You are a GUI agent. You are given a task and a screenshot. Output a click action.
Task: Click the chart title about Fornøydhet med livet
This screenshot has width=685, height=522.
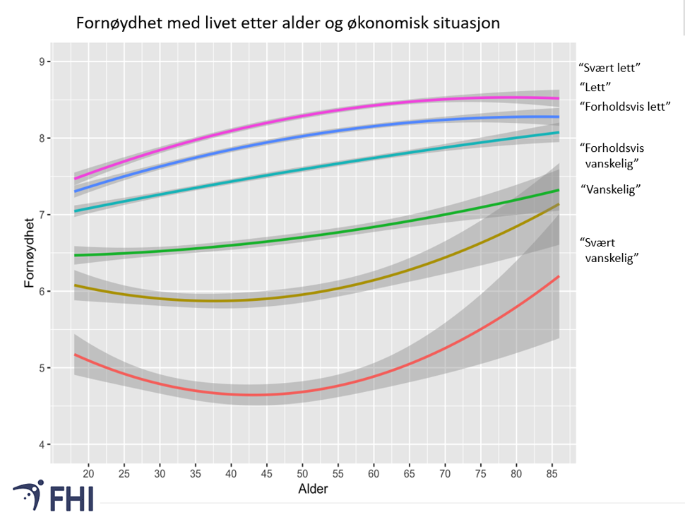coord(288,23)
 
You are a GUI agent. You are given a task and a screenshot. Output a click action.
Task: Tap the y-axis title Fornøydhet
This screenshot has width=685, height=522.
coord(29,253)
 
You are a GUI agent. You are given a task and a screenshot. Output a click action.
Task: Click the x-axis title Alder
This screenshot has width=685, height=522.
coord(314,488)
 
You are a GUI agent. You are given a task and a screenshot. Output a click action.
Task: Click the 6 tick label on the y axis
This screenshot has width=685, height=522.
coord(41,292)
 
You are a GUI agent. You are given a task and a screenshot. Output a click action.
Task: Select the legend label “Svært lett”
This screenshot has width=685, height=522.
coord(613,69)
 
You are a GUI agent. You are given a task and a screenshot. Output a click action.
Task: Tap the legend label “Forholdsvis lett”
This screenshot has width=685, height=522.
coord(624,107)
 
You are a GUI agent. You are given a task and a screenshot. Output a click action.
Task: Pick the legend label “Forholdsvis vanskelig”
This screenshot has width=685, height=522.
coord(612,155)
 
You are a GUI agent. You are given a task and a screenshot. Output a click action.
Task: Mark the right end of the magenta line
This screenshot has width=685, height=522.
coord(559,98)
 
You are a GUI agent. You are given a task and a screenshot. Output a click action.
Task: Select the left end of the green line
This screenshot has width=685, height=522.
coord(75,255)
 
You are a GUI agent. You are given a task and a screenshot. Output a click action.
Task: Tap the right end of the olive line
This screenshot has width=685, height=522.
coord(559,205)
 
